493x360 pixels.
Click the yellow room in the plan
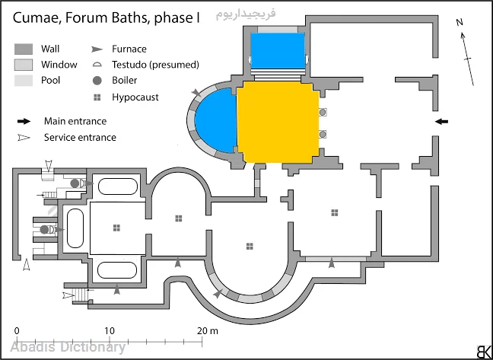(x=278, y=122)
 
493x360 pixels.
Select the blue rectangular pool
(x=278, y=51)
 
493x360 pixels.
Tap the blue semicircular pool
(x=217, y=120)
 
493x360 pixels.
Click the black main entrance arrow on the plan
(x=442, y=121)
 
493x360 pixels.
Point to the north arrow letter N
(x=460, y=22)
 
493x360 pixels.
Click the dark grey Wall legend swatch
(x=24, y=49)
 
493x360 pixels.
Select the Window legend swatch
(x=24, y=65)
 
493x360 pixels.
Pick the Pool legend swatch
(x=24, y=80)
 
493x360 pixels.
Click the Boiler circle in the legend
(x=97, y=81)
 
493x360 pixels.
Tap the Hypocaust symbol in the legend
(x=97, y=97)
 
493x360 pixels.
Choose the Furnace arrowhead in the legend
(x=97, y=49)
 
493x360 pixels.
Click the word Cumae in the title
(x=33, y=18)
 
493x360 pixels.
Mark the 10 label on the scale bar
(x=110, y=331)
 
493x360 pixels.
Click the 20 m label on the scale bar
(x=208, y=331)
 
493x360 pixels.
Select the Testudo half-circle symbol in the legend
(x=97, y=65)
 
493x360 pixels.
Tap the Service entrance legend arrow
(x=24, y=138)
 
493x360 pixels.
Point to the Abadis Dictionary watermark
(x=68, y=347)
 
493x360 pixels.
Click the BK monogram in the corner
(x=482, y=351)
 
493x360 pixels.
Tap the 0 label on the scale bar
(x=17, y=331)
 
